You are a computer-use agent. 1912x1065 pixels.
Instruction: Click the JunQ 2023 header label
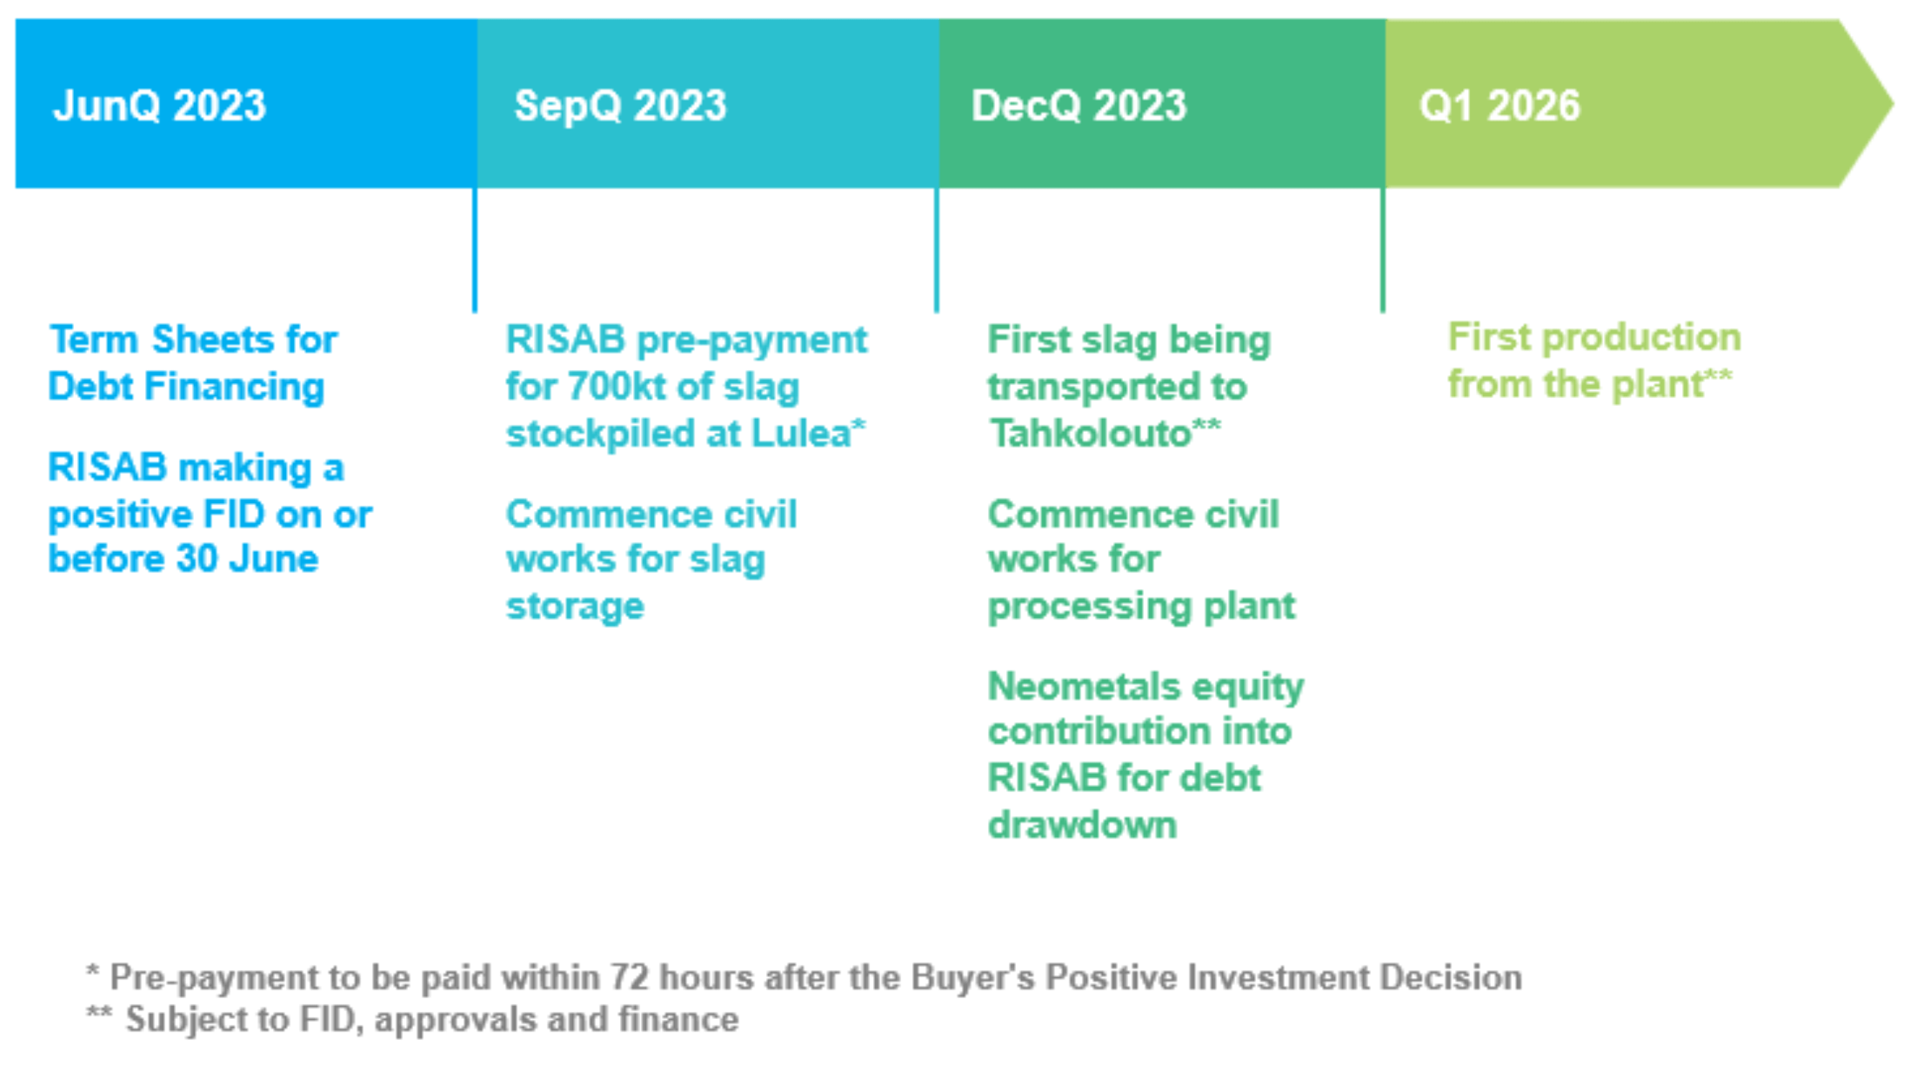pyautogui.click(x=160, y=106)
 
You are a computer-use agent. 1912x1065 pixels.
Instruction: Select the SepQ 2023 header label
pyautogui.click(x=621, y=106)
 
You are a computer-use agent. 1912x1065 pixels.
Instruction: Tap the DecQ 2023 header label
pyautogui.click(x=1079, y=106)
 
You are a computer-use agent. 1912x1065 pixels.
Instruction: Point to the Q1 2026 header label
pyautogui.click(x=1500, y=106)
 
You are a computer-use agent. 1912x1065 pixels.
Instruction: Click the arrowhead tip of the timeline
pyautogui.click(x=1893, y=103)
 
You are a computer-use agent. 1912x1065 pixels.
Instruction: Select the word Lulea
pyautogui.click(x=801, y=433)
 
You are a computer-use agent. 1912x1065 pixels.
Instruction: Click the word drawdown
pyautogui.click(x=1083, y=824)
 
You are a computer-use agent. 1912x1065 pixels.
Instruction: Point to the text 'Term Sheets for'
pyautogui.click(x=194, y=339)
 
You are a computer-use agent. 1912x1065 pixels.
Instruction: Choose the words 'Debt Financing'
pyautogui.click(x=186, y=386)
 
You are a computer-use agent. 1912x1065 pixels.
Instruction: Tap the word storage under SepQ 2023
pyautogui.click(x=576, y=607)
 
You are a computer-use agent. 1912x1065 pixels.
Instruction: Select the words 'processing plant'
pyautogui.click(x=1142, y=607)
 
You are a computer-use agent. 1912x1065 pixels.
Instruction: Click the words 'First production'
pyautogui.click(x=1594, y=337)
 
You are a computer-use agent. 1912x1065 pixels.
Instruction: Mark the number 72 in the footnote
pyautogui.click(x=629, y=977)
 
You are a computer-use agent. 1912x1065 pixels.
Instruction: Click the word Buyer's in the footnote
pyautogui.click(x=972, y=977)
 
